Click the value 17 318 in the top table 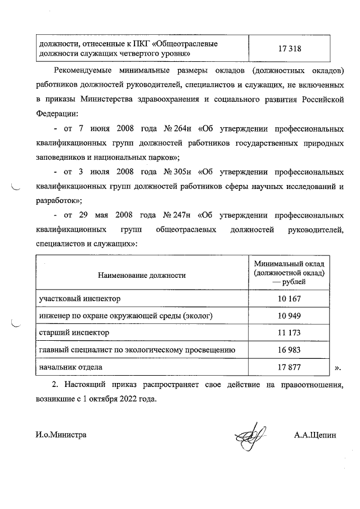(290, 48)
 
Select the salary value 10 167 (290, 298)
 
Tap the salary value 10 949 (290, 315)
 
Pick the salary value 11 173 (290, 332)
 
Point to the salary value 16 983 (290, 350)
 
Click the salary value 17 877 (290, 367)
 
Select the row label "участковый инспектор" (79, 298)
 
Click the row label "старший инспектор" (73, 332)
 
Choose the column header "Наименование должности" (141, 276)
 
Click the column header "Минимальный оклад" (290, 264)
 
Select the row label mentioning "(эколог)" (125, 315)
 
